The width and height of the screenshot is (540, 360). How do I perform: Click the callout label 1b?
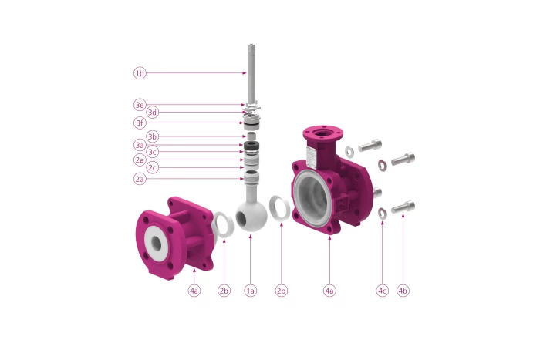pyautogui.click(x=140, y=73)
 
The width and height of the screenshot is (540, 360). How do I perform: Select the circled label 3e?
pyautogui.click(x=140, y=105)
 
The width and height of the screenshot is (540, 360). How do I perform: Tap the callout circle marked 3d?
pyautogui.click(x=152, y=113)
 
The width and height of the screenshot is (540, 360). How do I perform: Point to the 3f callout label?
pyautogui.click(x=140, y=123)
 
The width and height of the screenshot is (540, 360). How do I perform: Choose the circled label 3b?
pyautogui.click(x=152, y=136)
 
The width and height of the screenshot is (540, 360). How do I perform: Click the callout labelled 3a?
pyautogui.click(x=140, y=145)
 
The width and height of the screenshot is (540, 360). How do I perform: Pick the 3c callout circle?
pyautogui.click(x=152, y=152)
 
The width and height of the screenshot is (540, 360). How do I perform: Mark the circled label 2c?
pyautogui.click(x=152, y=167)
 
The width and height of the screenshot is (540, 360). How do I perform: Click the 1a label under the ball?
pyautogui.click(x=251, y=291)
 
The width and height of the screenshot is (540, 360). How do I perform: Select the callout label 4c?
pyautogui.click(x=382, y=291)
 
